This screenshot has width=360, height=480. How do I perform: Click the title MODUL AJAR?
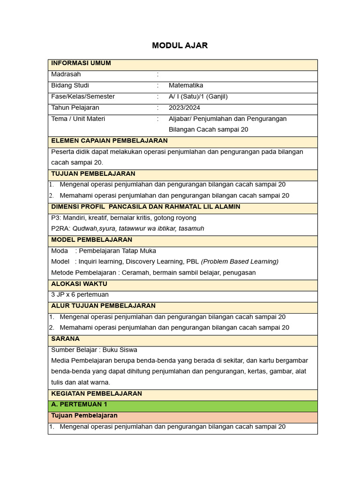[x=180, y=45]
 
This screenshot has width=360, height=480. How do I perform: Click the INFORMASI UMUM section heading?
[x=81, y=63]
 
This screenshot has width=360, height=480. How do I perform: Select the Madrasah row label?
[x=66, y=74]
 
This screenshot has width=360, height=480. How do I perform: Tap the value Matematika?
[x=186, y=85]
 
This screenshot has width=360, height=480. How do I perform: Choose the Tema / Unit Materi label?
[x=78, y=119]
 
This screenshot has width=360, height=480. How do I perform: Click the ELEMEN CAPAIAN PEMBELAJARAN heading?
[x=109, y=141]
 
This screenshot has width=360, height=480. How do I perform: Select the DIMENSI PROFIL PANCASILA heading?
[x=145, y=207]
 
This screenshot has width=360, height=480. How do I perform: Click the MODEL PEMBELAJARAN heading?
[x=91, y=240]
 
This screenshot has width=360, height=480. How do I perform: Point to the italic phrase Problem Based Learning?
[x=240, y=262]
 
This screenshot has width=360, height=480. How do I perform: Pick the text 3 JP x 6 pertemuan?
[x=80, y=295]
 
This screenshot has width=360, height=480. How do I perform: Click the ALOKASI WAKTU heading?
[x=79, y=284]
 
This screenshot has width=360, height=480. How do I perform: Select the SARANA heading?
[x=65, y=338]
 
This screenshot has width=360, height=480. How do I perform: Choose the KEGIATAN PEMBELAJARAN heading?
[x=96, y=393]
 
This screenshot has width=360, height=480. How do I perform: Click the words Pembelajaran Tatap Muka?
[x=118, y=251]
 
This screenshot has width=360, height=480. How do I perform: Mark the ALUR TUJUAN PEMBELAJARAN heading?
[x=103, y=306]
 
